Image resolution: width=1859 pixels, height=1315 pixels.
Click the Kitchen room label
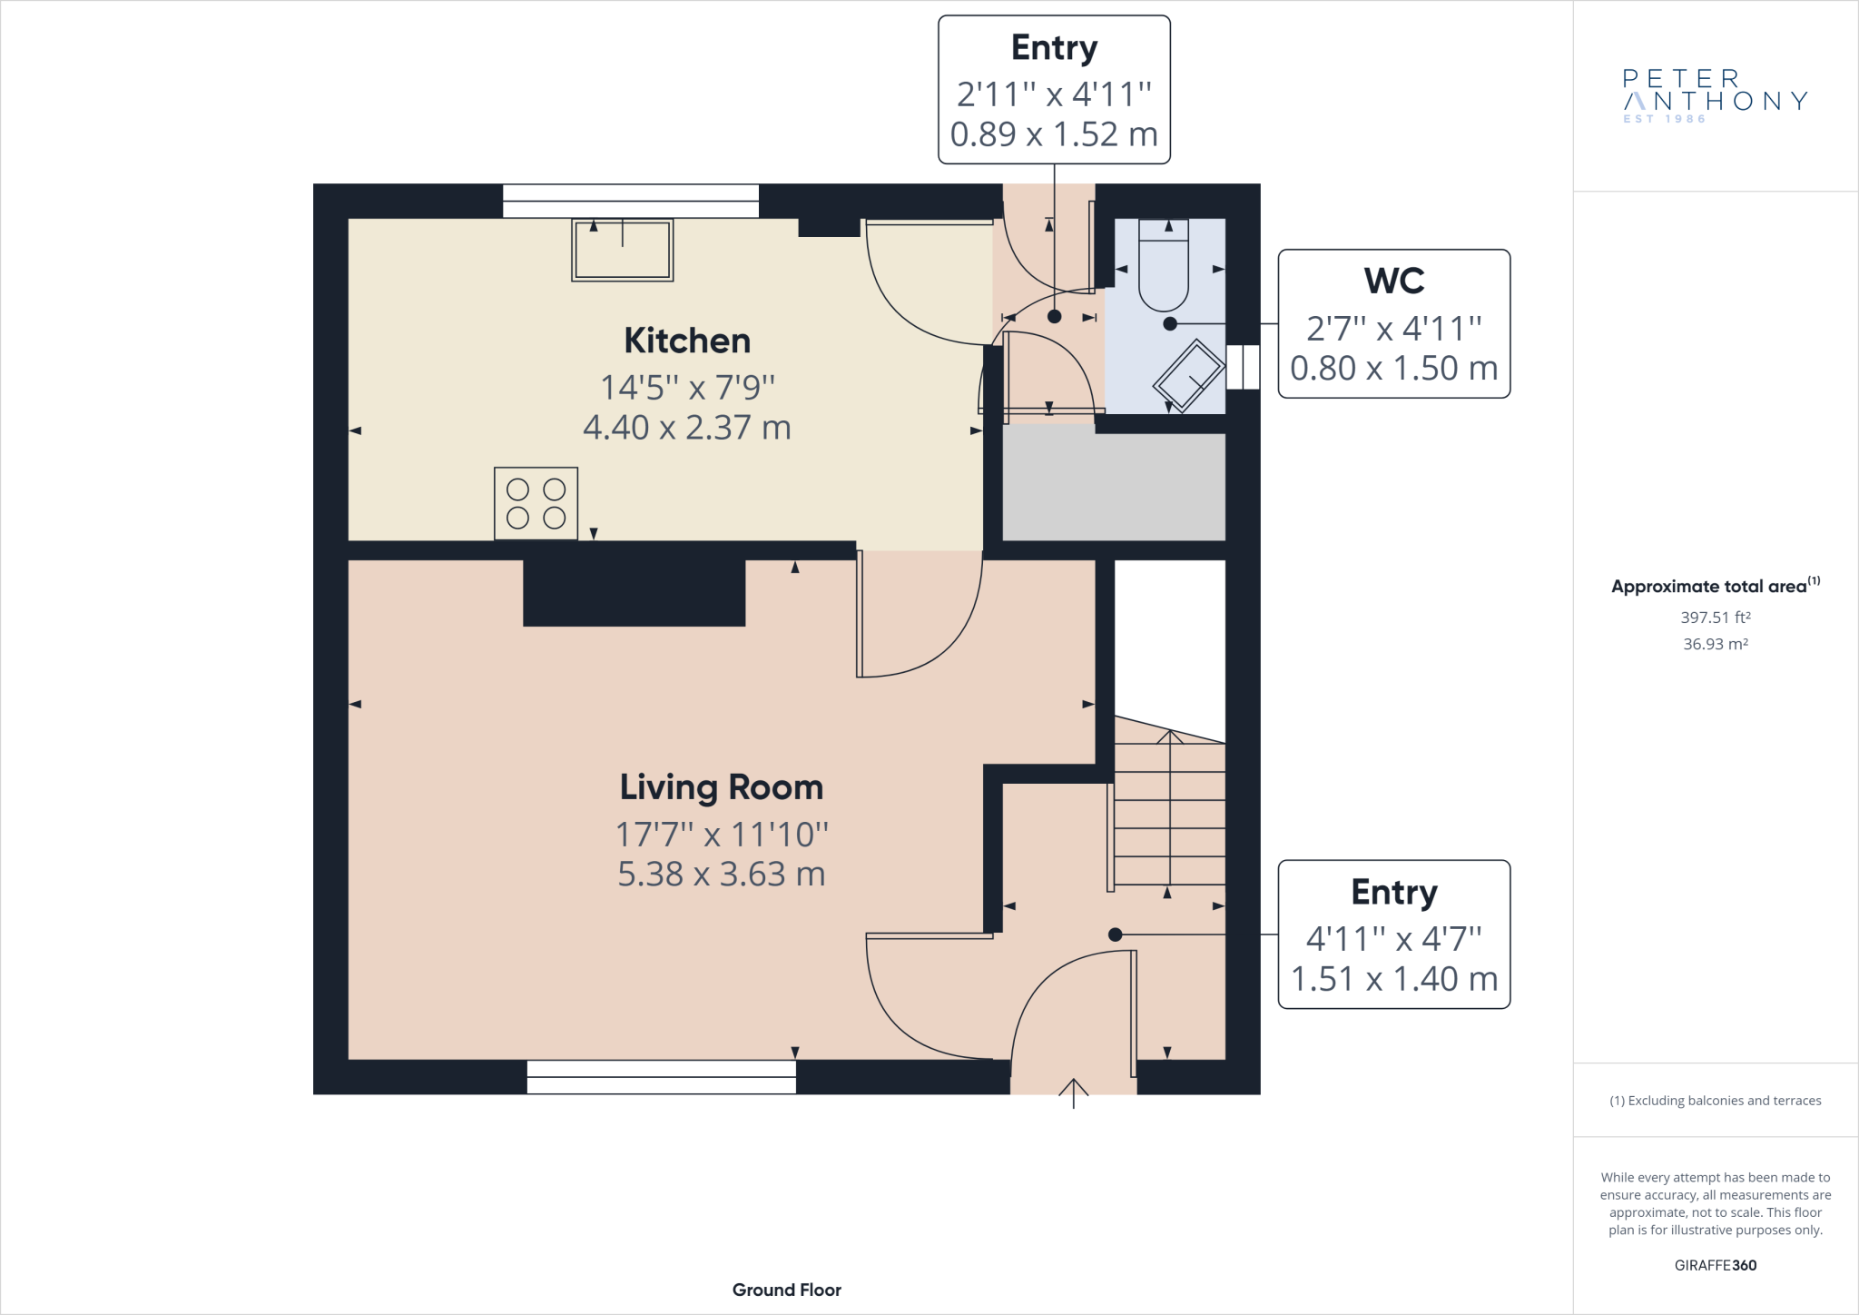[x=687, y=341]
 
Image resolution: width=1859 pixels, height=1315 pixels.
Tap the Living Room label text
[x=722, y=787]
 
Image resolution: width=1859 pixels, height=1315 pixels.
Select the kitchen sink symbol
[x=623, y=250]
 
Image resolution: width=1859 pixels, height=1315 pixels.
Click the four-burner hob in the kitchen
[x=536, y=504]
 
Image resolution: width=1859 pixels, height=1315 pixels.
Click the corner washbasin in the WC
[x=1189, y=375]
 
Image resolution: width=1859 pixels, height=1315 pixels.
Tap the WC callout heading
[x=1394, y=281]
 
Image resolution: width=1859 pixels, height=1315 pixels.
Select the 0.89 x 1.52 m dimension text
[x=1054, y=134]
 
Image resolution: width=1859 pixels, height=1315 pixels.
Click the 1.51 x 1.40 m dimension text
[x=1394, y=979]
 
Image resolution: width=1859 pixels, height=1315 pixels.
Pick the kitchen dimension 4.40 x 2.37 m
[x=687, y=427]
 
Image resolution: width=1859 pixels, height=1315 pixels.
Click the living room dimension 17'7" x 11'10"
[x=722, y=834]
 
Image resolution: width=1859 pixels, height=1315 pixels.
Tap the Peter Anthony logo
[x=1716, y=95]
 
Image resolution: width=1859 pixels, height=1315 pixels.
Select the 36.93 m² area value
[x=1716, y=644]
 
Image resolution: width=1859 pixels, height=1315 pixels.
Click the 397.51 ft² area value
[x=1716, y=618]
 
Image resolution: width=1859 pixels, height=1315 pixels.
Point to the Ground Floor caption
[x=787, y=1290]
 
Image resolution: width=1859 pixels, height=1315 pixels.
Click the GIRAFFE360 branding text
[x=1716, y=1265]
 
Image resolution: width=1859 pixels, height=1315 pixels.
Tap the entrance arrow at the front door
[x=1074, y=1093]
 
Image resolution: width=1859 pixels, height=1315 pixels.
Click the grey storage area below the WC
[x=1115, y=486]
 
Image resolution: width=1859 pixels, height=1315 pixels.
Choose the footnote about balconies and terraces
[x=1716, y=1101]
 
